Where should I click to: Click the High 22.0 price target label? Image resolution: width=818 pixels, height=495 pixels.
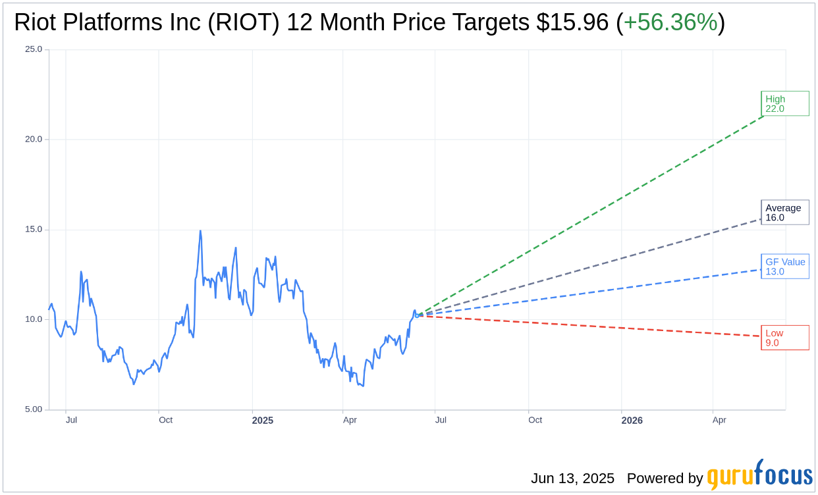784,103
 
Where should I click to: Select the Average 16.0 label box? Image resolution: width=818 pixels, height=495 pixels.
784,213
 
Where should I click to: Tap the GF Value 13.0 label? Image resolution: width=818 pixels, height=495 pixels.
784,267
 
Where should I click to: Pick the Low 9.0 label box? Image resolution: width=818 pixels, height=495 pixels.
784,338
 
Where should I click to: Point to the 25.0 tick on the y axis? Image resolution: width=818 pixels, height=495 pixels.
34,49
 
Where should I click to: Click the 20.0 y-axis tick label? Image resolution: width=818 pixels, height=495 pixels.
34,139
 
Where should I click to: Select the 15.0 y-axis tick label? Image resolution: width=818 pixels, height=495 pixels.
34,229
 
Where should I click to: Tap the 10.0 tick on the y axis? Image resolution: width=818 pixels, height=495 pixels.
34,319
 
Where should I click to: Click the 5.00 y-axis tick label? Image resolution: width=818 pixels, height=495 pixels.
34,409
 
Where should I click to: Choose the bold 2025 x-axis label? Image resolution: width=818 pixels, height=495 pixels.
262,420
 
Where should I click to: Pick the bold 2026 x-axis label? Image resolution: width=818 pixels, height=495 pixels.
632,420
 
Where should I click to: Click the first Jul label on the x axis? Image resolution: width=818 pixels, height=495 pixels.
71,420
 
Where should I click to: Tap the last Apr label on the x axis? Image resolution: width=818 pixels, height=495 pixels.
719,420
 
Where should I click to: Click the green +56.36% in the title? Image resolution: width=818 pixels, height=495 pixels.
670,22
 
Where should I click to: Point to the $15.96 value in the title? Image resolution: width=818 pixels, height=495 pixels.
572,22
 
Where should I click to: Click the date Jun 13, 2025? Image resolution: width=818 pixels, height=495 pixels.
572,479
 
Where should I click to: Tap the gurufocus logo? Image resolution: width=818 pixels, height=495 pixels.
759,475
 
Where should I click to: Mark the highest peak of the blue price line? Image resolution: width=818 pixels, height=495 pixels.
200,231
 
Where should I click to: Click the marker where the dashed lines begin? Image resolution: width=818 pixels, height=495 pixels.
417,315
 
